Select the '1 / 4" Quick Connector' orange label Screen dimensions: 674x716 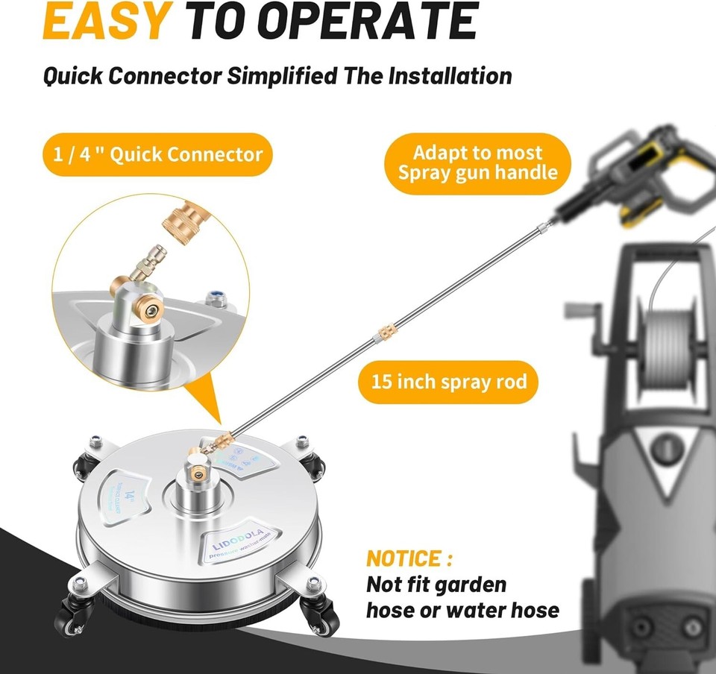click(x=157, y=154)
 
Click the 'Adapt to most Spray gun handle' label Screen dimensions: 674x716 click(x=477, y=163)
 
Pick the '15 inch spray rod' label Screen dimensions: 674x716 click(x=449, y=382)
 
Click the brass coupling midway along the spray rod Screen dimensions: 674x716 click(x=386, y=330)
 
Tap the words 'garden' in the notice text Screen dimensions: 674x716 click(x=467, y=584)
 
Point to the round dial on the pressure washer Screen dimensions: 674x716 click(x=669, y=450)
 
